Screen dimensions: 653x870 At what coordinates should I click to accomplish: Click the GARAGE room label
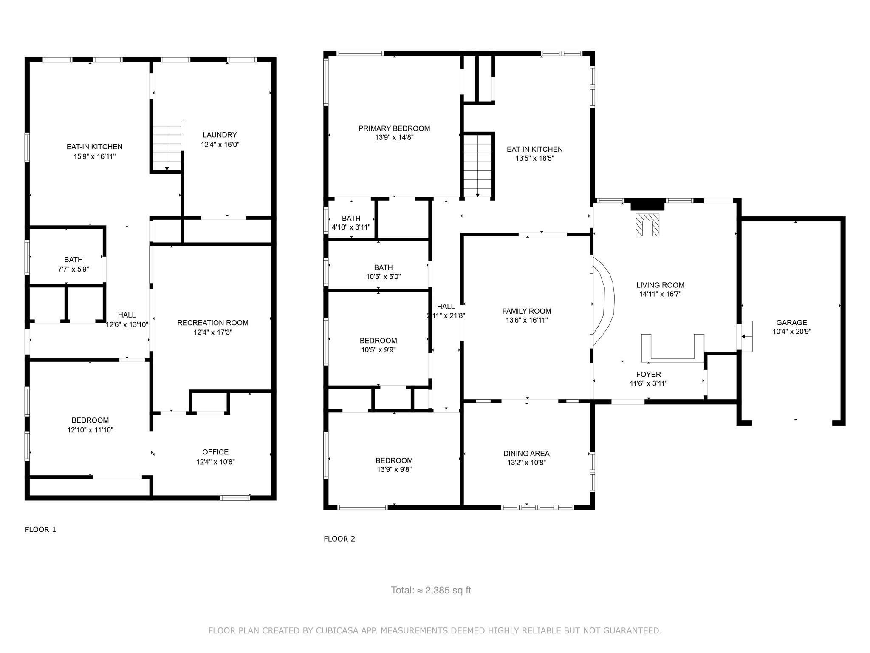pyautogui.click(x=791, y=323)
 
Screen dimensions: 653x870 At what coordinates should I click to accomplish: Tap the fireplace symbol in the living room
pyautogui.click(x=647, y=225)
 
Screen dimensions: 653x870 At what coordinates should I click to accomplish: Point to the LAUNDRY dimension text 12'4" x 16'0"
pyautogui.click(x=220, y=145)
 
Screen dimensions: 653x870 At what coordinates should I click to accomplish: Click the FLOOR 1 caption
pyautogui.click(x=40, y=529)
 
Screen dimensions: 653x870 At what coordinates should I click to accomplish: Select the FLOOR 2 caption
pyautogui.click(x=339, y=539)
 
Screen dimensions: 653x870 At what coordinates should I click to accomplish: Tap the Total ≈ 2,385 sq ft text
pyautogui.click(x=431, y=590)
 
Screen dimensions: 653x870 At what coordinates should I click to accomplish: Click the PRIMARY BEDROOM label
pyautogui.click(x=394, y=128)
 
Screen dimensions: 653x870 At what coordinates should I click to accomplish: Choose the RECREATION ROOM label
pyautogui.click(x=213, y=323)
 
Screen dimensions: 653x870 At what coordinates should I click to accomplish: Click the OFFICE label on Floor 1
pyautogui.click(x=215, y=452)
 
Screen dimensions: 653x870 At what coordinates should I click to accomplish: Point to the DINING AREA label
pyautogui.click(x=526, y=454)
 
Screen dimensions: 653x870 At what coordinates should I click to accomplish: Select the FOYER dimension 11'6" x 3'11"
pyautogui.click(x=648, y=383)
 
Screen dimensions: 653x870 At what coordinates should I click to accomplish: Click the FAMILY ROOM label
pyautogui.click(x=526, y=311)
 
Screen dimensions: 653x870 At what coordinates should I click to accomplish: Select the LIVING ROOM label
pyautogui.click(x=660, y=285)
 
